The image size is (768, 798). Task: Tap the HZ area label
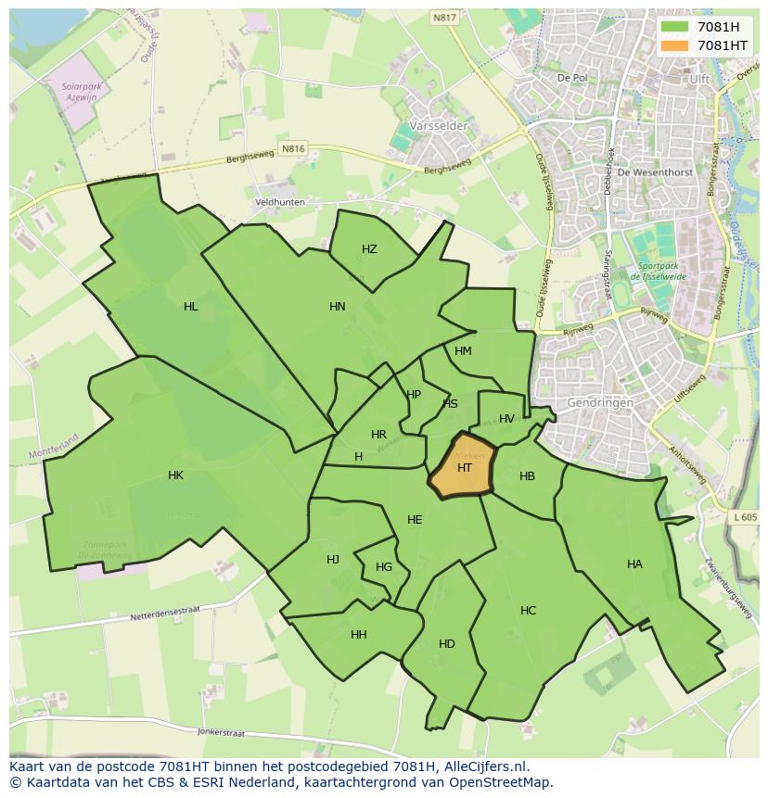(x=369, y=249)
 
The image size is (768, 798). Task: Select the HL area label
(x=190, y=307)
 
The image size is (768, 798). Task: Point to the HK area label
(x=175, y=475)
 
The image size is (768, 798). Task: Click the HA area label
(x=634, y=564)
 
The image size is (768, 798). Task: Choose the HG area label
(x=384, y=567)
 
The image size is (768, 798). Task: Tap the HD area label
(x=447, y=644)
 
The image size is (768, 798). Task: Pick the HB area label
(x=527, y=476)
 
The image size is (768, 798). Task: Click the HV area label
(x=506, y=419)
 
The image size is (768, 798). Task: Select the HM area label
(x=464, y=351)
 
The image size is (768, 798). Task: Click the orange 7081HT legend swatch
(x=674, y=45)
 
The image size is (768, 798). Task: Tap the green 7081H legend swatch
(x=674, y=27)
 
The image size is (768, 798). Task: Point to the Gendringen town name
(x=601, y=403)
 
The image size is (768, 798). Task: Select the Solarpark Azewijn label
(x=80, y=90)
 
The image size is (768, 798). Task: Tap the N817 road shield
(x=444, y=18)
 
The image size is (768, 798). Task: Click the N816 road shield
(x=292, y=148)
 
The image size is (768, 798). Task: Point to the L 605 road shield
(x=744, y=517)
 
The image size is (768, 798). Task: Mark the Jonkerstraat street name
(x=221, y=732)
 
